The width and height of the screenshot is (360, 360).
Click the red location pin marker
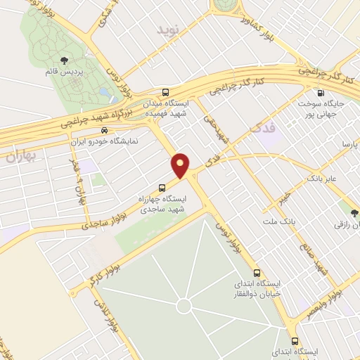pos(181,165)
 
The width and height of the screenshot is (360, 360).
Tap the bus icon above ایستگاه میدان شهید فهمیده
pos(165,92)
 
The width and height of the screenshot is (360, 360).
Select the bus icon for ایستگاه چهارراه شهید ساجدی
pos(162,188)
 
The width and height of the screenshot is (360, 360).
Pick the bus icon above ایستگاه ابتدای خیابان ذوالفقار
pos(256,272)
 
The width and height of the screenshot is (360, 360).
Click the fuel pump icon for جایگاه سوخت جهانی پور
pos(321,93)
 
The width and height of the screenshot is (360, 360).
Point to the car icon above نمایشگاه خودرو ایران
pos(104,130)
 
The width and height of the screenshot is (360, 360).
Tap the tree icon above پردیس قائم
pos(65,60)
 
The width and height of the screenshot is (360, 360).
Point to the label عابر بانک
pos(322,179)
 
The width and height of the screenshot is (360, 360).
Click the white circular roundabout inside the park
pos(184,307)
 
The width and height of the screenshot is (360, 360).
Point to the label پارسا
pos(349,144)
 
